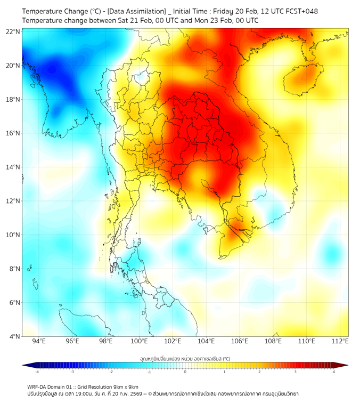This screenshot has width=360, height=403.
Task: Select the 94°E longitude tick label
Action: click(39, 342)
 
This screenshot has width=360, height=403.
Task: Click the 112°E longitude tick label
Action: click(340, 342)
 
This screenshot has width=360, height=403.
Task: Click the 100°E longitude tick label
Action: click(140, 342)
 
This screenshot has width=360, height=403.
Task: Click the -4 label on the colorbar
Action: click(37, 372)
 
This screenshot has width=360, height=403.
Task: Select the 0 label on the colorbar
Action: click(185, 372)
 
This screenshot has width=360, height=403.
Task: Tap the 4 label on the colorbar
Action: click(333, 372)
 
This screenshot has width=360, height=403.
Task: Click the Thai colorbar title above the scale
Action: click(185, 358)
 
